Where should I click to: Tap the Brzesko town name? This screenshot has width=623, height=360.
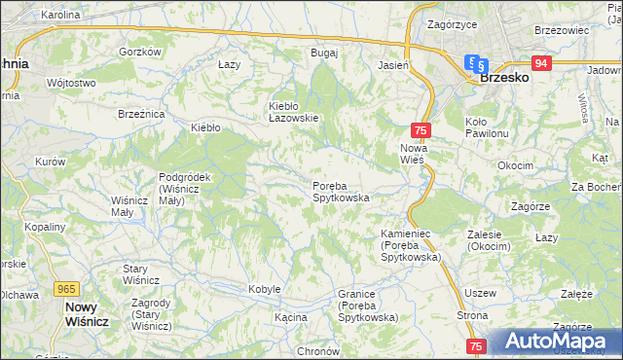[504, 77]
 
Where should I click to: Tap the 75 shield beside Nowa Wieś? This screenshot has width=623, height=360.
[421, 130]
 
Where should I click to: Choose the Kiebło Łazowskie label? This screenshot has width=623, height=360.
[293, 112]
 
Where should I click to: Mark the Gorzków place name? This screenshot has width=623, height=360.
[138, 53]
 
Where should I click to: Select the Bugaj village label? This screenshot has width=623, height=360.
[323, 53]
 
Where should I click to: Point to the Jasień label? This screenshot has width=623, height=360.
[392, 65]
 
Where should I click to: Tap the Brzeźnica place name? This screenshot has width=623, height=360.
[141, 114]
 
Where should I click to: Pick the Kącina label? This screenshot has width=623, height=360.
[290, 317]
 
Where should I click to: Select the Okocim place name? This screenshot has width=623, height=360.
[514, 165]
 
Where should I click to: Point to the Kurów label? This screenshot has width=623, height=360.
[50, 162]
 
